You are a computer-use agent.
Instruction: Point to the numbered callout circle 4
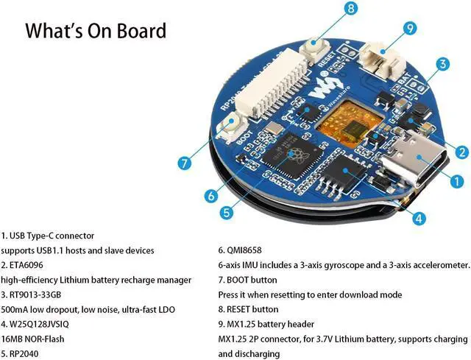[x=417, y=219]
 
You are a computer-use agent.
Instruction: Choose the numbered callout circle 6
[x=210, y=196]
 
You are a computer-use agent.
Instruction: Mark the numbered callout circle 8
[x=350, y=9]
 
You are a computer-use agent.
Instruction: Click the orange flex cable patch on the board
[x=341, y=121]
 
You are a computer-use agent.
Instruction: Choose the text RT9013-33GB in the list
[x=37, y=294]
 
